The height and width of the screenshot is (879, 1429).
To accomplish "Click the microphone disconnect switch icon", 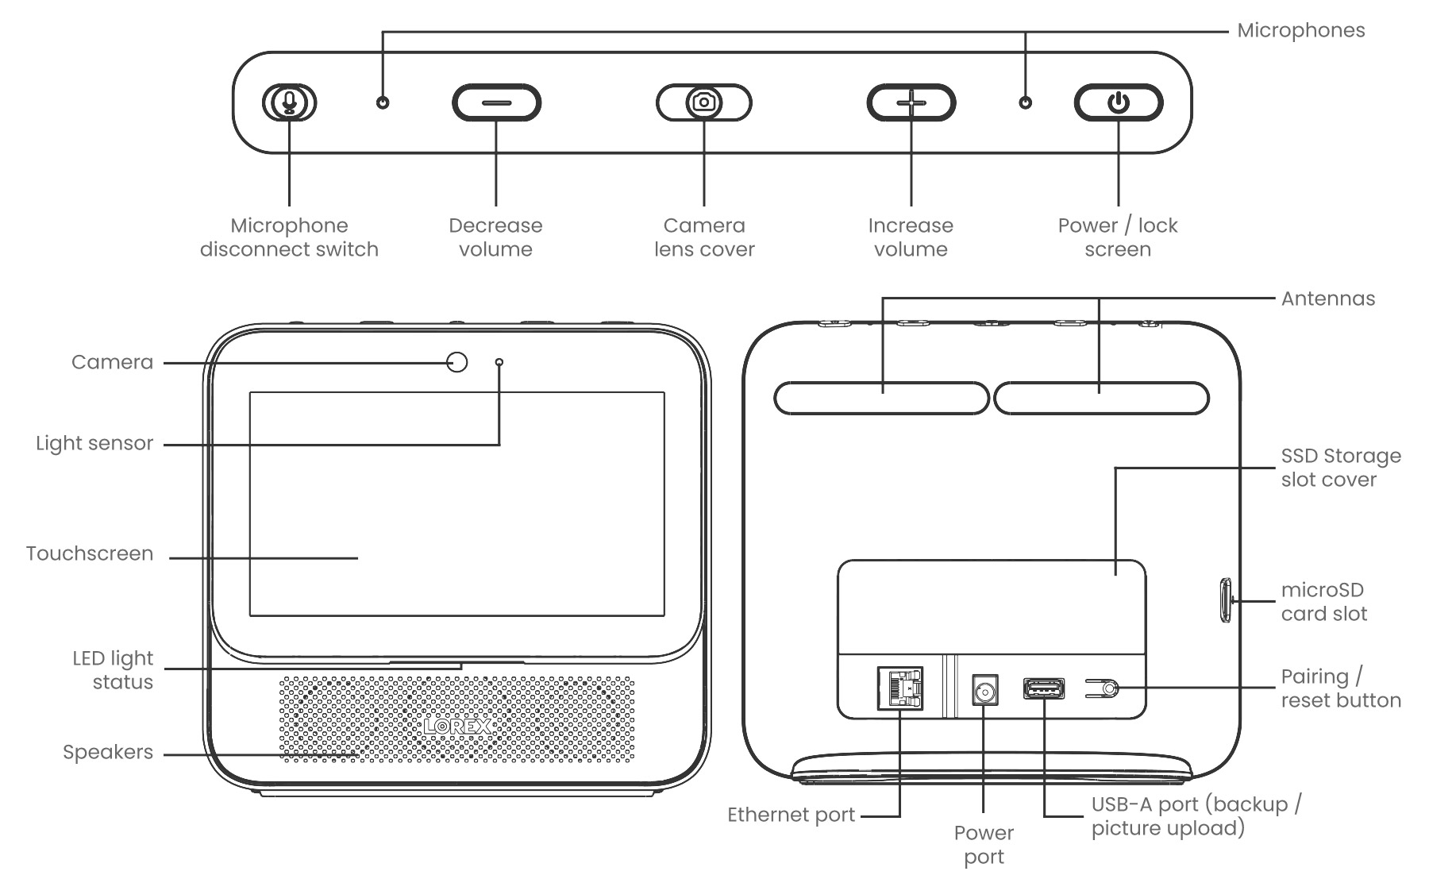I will click(290, 102).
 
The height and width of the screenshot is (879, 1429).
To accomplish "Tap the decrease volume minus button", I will click(496, 103).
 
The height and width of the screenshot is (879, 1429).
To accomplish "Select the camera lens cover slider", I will click(703, 102).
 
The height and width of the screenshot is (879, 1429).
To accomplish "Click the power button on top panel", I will click(1118, 102).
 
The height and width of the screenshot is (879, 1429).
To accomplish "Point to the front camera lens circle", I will click(457, 362).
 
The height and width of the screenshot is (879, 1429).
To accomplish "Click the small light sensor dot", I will click(499, 362).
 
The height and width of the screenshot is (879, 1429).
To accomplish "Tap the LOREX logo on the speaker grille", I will click(457, 726).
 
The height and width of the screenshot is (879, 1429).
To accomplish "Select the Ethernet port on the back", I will click(900, 688).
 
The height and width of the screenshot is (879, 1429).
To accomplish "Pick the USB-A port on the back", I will click(1044, 689).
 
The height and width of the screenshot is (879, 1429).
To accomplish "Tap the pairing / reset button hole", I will click(1110, 688).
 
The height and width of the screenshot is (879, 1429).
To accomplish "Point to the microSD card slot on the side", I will click(1225, 600).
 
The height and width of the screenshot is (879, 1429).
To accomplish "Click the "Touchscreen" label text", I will click(90, 553).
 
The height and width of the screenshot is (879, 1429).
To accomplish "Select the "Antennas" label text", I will click(1327, 299).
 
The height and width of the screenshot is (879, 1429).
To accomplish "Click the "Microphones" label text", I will click(1300, 31).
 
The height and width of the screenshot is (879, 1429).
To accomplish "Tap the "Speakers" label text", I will click(108, 752).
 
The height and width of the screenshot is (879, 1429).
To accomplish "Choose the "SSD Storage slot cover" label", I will click(1340, 468).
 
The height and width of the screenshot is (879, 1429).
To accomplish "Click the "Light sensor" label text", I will click(94, 443).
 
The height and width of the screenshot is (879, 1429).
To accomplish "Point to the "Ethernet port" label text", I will click(791, 815).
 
